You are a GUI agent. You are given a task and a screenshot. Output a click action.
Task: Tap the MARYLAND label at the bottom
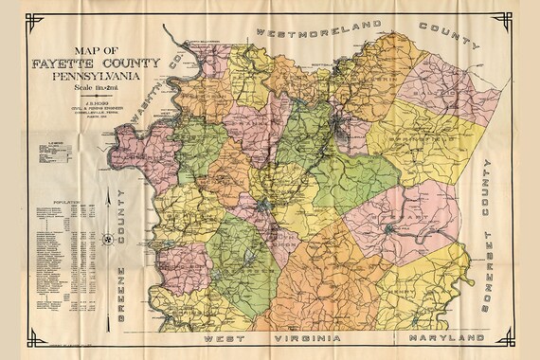tap(439, 337)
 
